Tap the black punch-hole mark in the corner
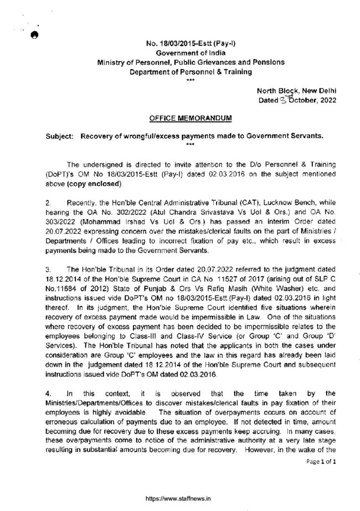click(x=33, y=34)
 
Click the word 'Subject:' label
click(x=56, y=135)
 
